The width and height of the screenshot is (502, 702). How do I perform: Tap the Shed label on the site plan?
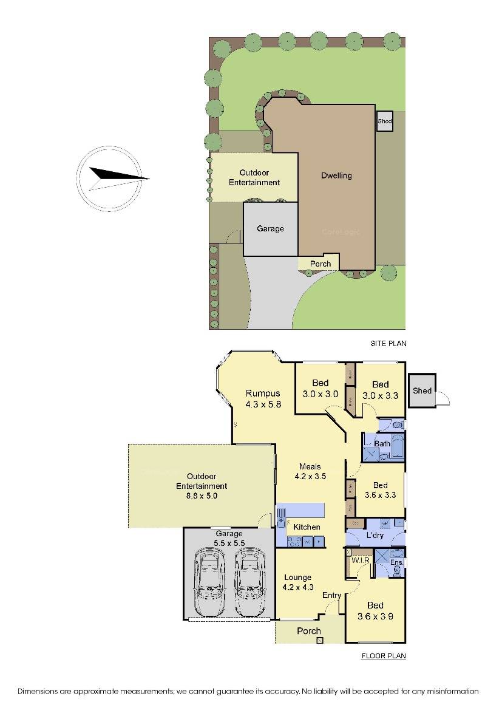click(384, 121)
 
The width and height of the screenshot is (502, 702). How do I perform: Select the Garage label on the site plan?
click(270, 229)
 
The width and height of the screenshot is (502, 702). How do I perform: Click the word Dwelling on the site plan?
click(336, 176)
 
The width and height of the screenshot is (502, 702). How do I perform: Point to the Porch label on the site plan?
click(321, 264)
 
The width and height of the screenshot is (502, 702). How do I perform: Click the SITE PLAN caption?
click(388, 344)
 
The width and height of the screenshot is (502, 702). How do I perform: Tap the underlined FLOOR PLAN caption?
click(384, 656)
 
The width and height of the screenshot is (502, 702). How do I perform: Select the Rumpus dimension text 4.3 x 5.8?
click(263, 404)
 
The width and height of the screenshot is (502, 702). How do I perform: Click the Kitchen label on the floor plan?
click(307, 527)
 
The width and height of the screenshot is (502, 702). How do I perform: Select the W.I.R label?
click(361, 561)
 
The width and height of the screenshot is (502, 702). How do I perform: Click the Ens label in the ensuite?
click(396, 563)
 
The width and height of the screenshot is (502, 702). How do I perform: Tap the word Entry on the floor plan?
click(331, 596)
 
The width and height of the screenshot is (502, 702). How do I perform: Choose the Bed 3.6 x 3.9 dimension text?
click(375, 616)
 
